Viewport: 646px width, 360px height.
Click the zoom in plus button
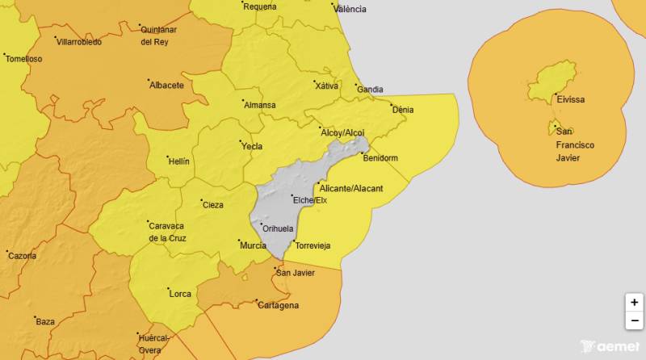point(634,303)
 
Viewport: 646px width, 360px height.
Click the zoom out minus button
point(634,320)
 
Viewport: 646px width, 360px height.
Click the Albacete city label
point(166,85)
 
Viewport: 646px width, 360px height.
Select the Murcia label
point(253,245)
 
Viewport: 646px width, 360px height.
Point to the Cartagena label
point(278,305)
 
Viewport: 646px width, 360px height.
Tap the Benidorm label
point(380,158)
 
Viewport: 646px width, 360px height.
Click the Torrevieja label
point(313,245)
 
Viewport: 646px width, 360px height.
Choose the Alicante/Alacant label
point(351,188)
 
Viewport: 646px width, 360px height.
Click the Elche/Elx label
point(309,200)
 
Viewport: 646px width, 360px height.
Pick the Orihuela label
point(279,229)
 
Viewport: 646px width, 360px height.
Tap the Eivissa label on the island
point(570,100)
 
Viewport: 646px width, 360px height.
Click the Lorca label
point(180,294)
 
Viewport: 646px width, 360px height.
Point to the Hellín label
point(178,161)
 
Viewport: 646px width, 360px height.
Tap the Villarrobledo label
point(79,41)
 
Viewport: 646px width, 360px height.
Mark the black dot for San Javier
point(274,268)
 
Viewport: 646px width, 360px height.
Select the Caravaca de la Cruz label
point(167,232)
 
